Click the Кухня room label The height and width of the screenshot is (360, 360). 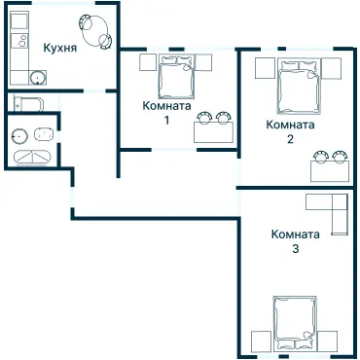tap(60, 48)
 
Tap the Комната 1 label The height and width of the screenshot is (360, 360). tap(166, 113)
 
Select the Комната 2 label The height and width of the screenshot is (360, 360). tap(290, 131)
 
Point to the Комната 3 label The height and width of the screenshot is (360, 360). tap(295, 241)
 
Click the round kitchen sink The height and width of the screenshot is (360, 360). tap(38, 78)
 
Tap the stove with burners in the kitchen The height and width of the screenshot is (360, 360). tap(19, 41)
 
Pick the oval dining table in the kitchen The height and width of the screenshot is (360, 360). tap(96, 32)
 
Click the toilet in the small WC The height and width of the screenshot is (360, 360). tap(28, 103)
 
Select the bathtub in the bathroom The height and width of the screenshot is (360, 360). tap(32, 158)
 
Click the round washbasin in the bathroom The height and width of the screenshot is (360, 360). tap(18, 136)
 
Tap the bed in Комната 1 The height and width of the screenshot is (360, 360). tap(177, 77)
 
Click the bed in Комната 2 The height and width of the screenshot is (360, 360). tap(299, 87)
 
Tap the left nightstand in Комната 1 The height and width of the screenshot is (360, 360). tap(148, 62)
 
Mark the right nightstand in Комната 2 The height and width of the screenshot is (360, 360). tap(332, 68)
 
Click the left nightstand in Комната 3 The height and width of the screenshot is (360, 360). tap(261, 342)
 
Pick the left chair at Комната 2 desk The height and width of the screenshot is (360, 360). tap(321, 157)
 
